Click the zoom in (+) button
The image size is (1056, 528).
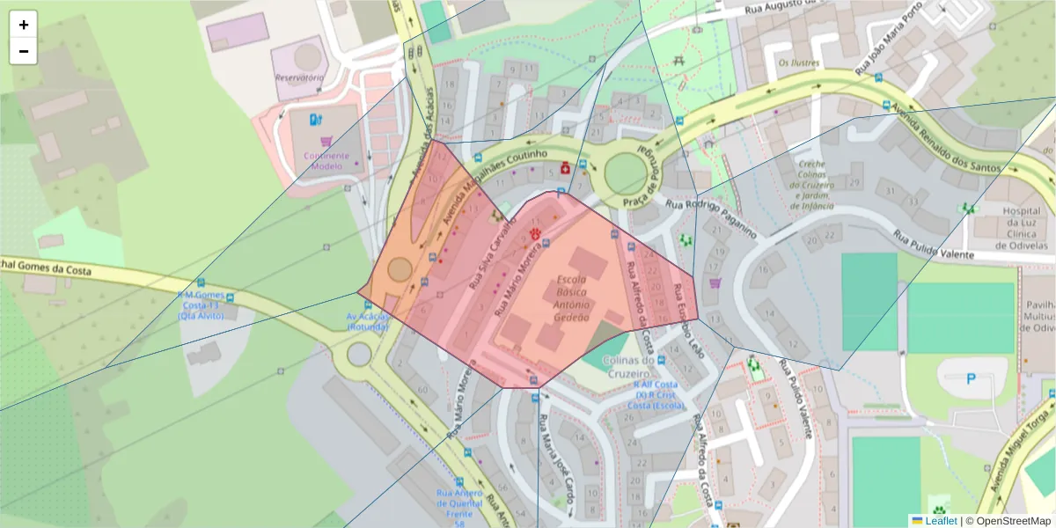coord(24,25)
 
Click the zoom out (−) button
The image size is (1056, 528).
coord(24,51)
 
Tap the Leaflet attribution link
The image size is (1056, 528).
coord(940,521)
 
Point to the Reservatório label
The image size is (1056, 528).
coord(299,77)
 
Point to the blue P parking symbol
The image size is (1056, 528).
coord(972,378)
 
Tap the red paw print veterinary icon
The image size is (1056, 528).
coord(536,233)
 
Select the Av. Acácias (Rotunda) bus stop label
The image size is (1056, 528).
coord(368,321)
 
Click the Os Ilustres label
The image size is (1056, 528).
coord(798,62)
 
